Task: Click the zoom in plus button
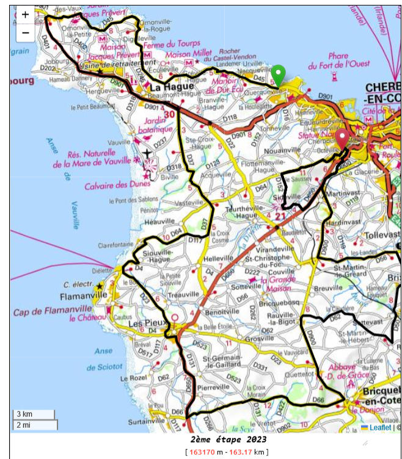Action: (x=25, y=15)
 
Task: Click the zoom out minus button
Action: (x=25, y=32)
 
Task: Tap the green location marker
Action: (x=278, y=76)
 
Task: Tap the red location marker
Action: (x=343, y=139)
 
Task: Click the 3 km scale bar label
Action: (x=24, y=414)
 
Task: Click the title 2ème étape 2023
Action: (x=228, y=439)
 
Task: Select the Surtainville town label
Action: (x=149, y=422)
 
